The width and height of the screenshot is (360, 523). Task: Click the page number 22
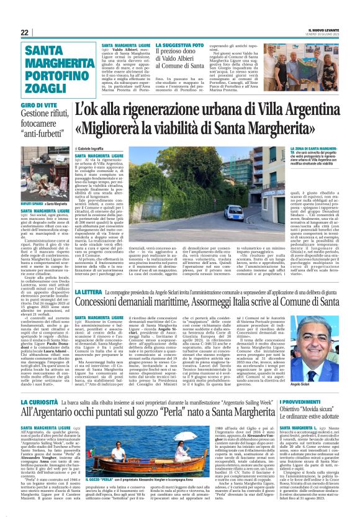point(24,32)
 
